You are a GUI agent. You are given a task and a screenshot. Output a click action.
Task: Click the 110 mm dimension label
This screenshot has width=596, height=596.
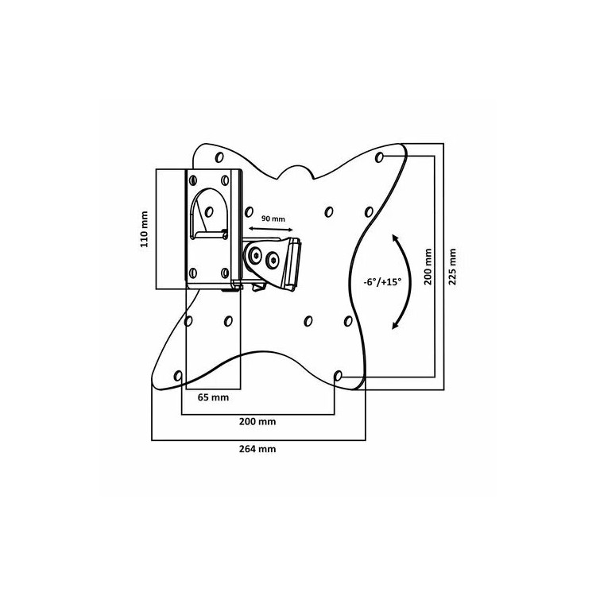click(145, 229)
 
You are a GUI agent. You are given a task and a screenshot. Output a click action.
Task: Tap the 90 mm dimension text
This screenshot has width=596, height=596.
click(273, 219)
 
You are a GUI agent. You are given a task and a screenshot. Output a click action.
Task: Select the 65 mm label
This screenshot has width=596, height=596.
click(213, 397)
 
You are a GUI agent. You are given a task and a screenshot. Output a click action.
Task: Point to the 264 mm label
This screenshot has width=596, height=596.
click(257, 449)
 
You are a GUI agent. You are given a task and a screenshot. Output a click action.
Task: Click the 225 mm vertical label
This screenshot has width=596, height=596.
click(452, 267)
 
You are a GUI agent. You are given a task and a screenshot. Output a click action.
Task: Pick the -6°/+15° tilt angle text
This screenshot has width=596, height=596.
click(382, 282)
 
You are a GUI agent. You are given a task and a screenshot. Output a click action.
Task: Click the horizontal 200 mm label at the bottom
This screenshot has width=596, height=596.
click(257, 421)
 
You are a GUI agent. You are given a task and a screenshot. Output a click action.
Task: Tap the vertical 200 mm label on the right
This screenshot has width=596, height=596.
click(428, 267)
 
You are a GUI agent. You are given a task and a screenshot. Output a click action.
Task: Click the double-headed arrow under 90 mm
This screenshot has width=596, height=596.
click(271, 229)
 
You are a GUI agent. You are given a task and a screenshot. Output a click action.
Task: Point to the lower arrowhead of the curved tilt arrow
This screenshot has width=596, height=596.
click(395, 324)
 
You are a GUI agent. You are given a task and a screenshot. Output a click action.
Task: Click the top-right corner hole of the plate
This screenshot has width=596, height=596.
click(379, 157)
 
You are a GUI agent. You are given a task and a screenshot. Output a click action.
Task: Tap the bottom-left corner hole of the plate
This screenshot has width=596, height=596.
click(177, 377)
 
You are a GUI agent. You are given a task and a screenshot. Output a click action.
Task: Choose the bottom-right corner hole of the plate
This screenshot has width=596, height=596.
click(338, 377)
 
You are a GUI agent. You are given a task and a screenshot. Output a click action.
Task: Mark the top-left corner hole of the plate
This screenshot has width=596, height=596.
click(219, 157)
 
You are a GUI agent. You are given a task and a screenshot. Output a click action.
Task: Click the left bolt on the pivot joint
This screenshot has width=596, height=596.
click(254, 255)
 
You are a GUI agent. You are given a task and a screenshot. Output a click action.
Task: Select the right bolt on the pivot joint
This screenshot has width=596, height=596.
click(272, 260)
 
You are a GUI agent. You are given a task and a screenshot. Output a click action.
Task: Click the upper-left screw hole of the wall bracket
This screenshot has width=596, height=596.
click(193, 180)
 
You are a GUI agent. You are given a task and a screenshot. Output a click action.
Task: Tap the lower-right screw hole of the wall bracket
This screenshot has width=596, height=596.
click(225, 273)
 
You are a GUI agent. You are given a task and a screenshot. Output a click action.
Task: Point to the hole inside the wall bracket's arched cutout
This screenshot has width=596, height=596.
click(209, 212)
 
